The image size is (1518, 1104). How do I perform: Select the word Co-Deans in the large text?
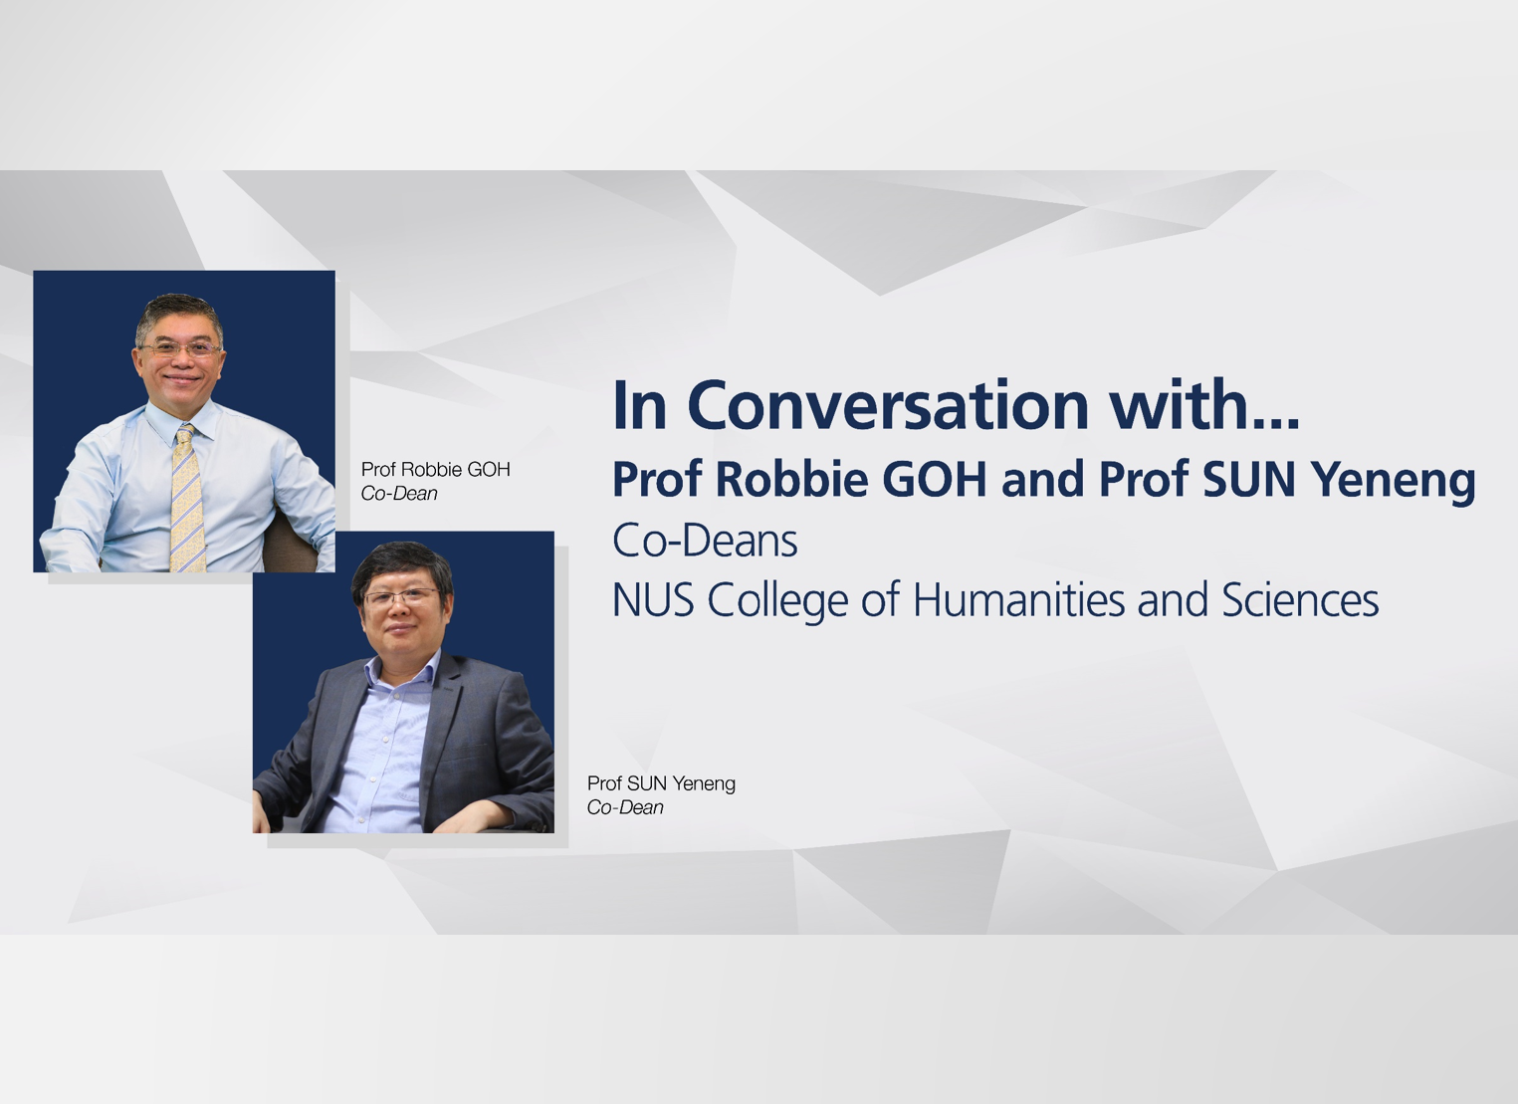click(x=705, y=541)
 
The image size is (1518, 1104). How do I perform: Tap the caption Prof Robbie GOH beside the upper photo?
click(x=435, y=469)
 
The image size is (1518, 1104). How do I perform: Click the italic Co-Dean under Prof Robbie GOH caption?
click(x=398, y=494)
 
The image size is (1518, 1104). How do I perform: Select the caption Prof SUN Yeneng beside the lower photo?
click(x=661, y=783)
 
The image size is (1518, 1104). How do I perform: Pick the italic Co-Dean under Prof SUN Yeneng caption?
click(x=624, y=808)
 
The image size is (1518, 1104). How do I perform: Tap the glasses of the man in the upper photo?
click(x=180, y=348)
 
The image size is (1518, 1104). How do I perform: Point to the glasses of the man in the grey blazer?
click(x=401, y=597)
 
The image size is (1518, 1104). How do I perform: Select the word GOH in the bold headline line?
click(x=937, y=479)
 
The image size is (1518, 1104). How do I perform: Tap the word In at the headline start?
click(x=639, y=405)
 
